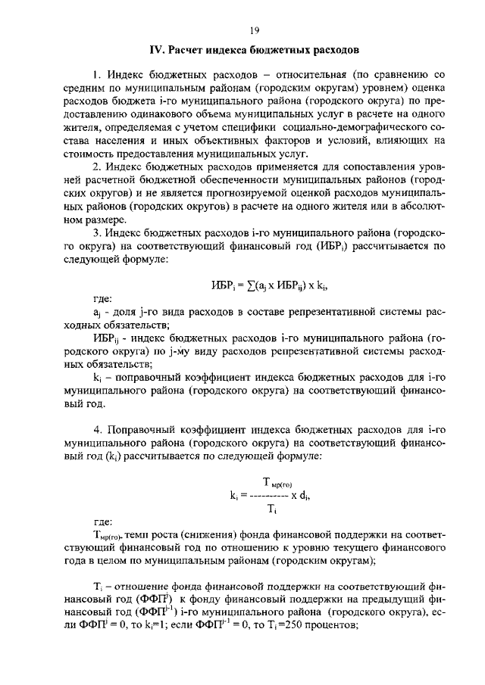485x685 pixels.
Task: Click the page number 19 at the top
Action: [x=254, y=30]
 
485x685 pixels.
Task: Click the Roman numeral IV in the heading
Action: [x=156, y=51]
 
